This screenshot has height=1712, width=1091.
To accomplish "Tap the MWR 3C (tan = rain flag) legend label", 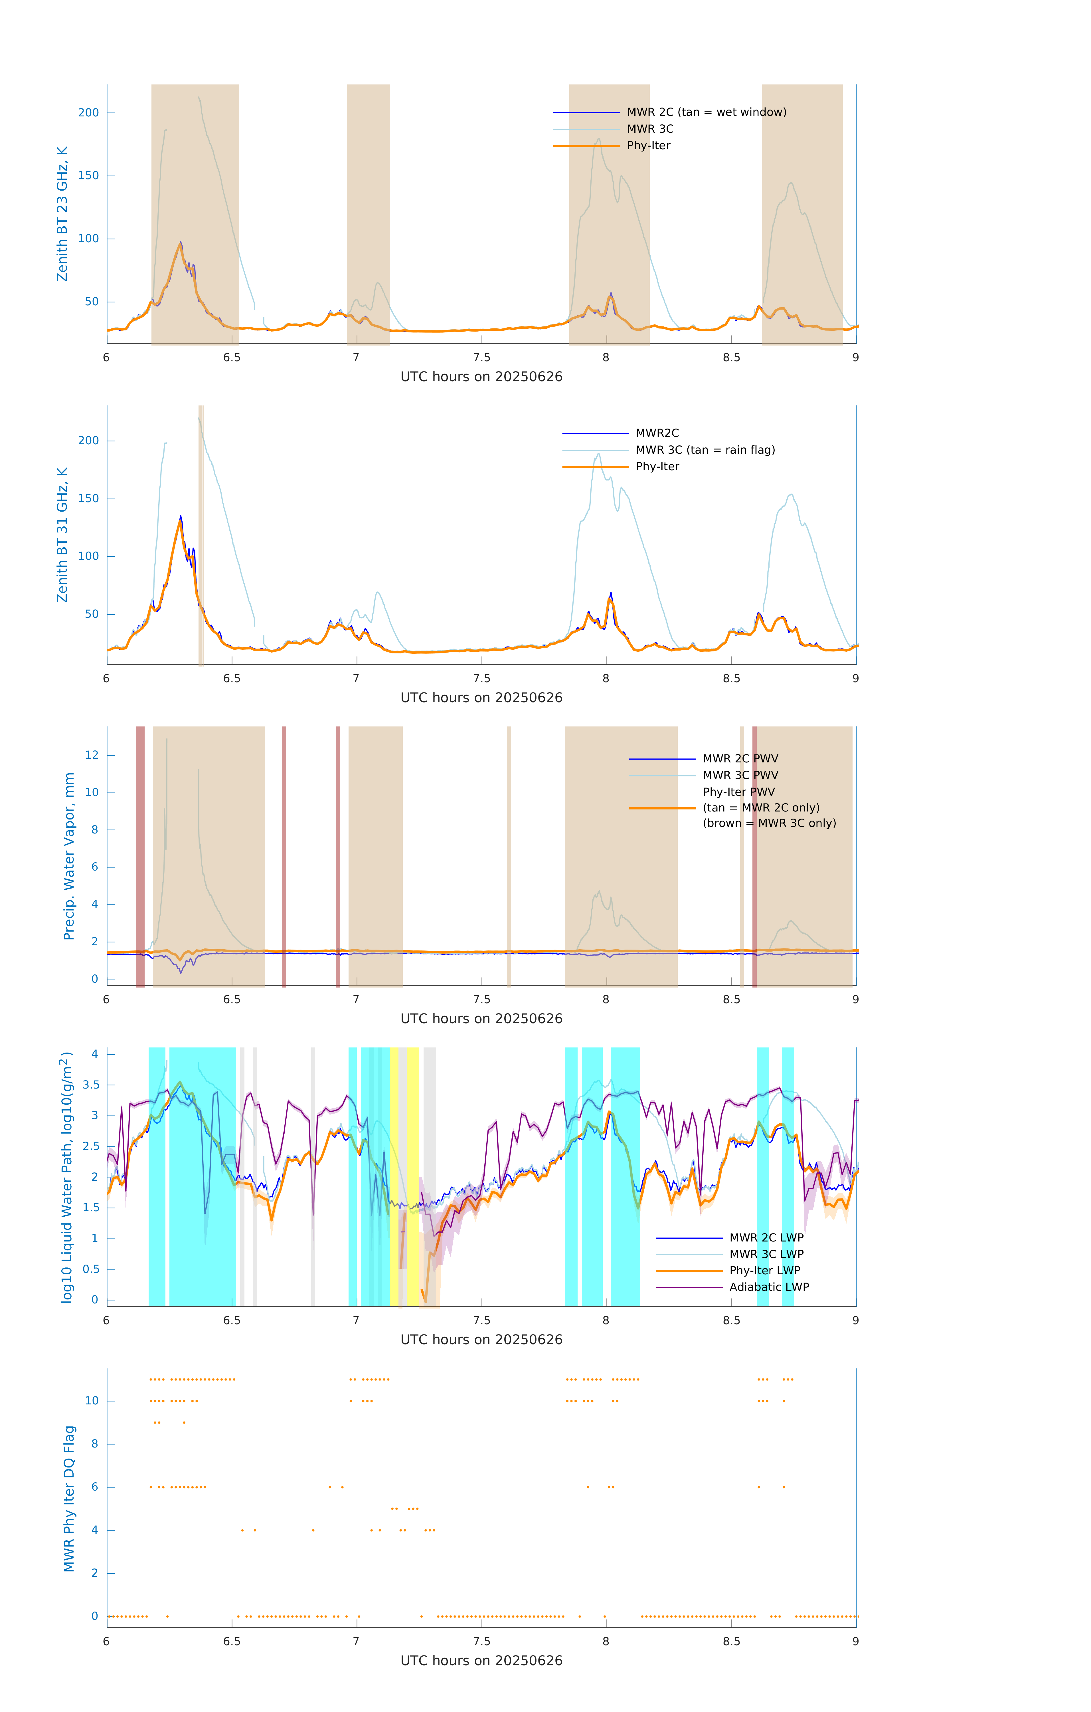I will [x=705, y=450].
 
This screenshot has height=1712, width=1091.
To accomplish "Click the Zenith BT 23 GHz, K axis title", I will [x=62, y=214].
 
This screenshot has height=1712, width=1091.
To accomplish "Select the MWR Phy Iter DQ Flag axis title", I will [x=69, y=1499].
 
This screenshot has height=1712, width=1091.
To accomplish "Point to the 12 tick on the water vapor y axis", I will [x=92, y=755].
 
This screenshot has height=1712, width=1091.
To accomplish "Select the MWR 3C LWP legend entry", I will [x=766, y=1254].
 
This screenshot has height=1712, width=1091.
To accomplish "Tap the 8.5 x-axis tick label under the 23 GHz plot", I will [x=731, y=358].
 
